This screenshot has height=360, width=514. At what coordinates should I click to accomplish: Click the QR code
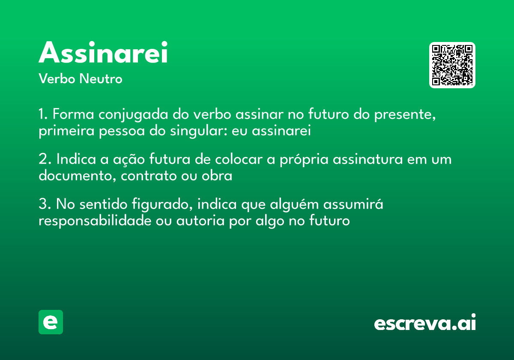tap(452, 65)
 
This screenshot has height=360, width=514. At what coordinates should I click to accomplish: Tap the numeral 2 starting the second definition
tap(42, 160)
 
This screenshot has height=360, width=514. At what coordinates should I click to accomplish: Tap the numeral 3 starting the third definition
tap(42, 205)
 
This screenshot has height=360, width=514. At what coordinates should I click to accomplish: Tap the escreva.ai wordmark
tap(425, 323)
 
